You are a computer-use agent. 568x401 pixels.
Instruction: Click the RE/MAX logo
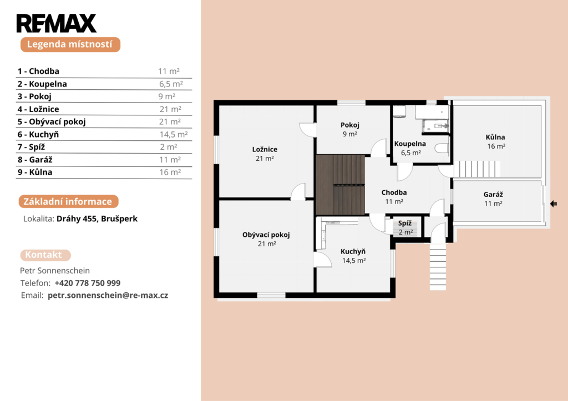[56, 23]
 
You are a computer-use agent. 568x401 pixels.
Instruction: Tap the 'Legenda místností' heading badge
[70, 44]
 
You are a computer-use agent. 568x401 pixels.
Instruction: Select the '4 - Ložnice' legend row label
[38, 109]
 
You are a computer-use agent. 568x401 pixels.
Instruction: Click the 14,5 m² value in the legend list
[174, 134]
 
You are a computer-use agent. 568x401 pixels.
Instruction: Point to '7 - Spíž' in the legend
[32, 147]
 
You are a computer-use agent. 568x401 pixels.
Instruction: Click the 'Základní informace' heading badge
[68, 202]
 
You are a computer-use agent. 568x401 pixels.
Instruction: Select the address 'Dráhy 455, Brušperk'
[97, 219]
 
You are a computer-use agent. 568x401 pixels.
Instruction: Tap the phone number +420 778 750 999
[87, 283]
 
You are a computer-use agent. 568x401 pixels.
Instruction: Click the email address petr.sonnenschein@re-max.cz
[108, 295]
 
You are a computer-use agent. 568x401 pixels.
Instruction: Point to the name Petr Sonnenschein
[55, 271]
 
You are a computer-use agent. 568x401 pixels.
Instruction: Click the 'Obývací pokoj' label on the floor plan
[266, 235]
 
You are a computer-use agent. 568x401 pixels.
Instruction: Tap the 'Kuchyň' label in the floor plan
[353, 251]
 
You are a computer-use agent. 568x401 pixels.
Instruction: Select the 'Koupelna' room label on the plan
[410, 144]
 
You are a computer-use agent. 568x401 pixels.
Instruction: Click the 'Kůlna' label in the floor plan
[495, 137]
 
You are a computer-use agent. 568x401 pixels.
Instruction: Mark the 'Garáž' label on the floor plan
[493, 195]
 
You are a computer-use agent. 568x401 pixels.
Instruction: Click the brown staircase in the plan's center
[339, 185]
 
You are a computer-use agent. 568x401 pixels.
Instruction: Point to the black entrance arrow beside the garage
[553, 204]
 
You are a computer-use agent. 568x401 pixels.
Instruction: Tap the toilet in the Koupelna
[442, 148]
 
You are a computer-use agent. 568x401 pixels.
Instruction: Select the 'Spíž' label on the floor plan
[405, 223]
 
